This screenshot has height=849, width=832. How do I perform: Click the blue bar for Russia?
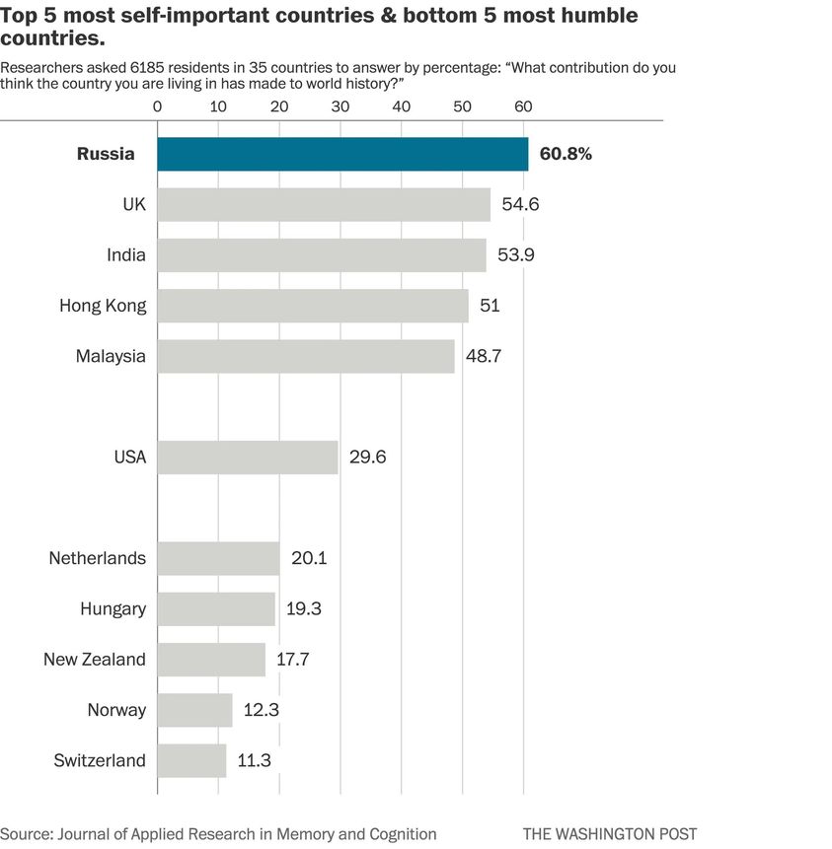point(342,155)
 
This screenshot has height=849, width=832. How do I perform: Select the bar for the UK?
point(324,205)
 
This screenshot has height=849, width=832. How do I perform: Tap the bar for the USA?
point(248,458)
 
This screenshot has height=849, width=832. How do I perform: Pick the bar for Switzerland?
point(191,761)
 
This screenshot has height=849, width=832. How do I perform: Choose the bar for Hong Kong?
point(313,306)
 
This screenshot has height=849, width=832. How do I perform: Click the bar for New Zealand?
point(211,660)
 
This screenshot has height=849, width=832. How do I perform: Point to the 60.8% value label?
point(566,155)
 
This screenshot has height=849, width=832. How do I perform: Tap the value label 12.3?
point(264,711)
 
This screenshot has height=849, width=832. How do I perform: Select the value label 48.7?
point(485,357)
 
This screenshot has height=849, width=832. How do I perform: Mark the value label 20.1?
point(309,559)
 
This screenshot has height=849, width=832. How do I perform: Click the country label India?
point(126,255)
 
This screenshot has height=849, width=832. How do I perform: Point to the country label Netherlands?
point(98,559)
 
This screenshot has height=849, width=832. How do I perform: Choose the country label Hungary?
point(113,609)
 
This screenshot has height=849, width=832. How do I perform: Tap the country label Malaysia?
point(111,357)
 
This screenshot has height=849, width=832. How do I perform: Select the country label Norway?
point(116,711)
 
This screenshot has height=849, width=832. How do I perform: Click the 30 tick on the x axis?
point(340,106)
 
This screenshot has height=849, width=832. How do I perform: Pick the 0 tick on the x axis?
point(158,106)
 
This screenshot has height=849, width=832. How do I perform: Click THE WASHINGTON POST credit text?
point(610,834)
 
